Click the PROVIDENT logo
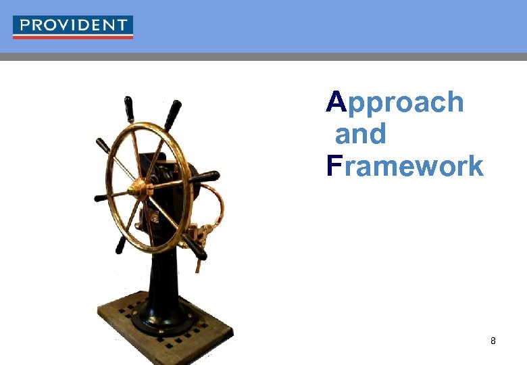(73, 26)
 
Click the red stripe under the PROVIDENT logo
(73, 36)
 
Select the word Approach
(395, 103)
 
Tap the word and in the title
(361, 134)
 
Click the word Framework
(405, 166)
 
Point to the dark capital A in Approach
(336, 102)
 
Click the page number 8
(493, 341)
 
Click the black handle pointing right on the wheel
(205, 177)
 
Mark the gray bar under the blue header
(263, 57)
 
